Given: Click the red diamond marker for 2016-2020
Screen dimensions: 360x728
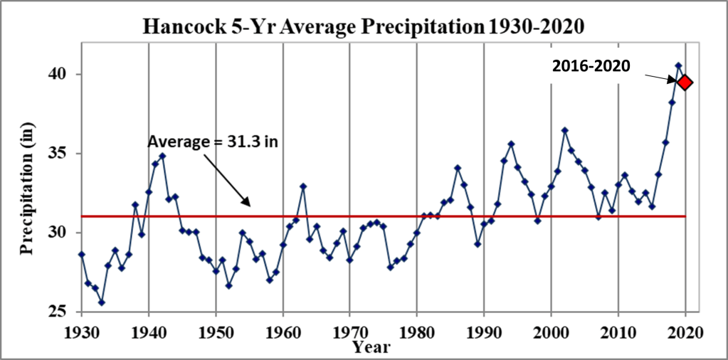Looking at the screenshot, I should click(685, 83).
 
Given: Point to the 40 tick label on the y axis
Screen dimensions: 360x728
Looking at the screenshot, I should click(63, 74).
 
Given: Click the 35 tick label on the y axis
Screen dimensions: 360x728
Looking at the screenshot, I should click(63, 154).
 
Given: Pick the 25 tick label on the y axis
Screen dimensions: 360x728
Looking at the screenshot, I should click(63, 312).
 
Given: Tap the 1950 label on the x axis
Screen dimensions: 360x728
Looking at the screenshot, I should click(215, 332).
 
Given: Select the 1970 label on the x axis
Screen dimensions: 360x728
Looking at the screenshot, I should click(349, 332).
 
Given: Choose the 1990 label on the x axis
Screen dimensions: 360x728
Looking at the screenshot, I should click(484, 332).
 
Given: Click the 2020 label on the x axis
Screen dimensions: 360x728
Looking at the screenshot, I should click(685, 332).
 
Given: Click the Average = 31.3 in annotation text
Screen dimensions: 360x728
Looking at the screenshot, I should click(212, 142).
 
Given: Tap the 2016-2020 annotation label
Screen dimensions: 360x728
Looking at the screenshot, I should click(591, 66).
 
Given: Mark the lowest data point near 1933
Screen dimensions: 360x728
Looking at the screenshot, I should click(102, 302).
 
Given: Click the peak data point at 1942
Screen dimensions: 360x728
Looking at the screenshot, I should click(162, 156).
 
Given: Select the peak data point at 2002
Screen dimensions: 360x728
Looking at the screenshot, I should click(564, 130).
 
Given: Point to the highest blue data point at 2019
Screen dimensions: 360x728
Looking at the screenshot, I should click(678, 65).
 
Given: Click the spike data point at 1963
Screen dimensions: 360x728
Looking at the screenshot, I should click(303, 186).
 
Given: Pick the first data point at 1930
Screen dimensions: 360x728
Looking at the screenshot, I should click(82, 254).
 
